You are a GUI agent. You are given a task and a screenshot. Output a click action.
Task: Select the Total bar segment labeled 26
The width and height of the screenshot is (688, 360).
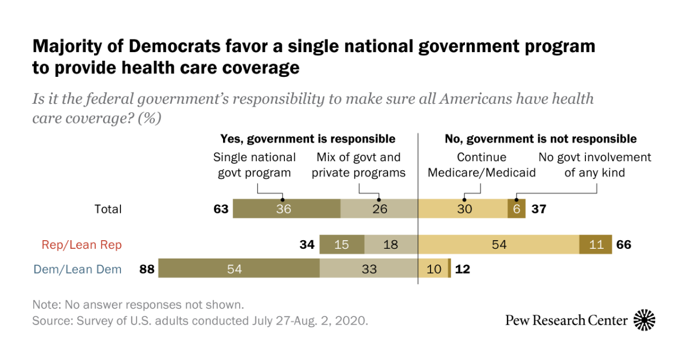380,209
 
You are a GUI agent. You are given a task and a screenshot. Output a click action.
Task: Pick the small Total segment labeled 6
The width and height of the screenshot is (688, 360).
516,209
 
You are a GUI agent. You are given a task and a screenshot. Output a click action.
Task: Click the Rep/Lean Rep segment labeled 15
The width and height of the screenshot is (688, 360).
342,245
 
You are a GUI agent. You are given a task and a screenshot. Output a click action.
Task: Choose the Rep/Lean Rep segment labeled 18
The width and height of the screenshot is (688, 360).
391,245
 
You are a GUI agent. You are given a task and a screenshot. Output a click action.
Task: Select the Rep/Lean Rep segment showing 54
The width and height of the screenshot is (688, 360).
499,245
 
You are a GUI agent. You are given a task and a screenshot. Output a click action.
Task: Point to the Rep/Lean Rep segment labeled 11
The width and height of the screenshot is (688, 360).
596,245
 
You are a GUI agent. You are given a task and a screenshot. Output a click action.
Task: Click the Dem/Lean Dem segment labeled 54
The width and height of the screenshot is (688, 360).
239,269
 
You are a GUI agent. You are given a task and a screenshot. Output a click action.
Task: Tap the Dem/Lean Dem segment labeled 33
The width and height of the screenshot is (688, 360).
369,269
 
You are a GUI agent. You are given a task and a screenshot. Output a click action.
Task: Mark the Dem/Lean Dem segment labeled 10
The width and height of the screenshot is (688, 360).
433,269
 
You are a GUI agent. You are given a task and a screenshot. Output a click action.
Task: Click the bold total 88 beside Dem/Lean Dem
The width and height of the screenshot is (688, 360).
147,269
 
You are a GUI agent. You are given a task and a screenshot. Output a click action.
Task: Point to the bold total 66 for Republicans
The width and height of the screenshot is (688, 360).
624,245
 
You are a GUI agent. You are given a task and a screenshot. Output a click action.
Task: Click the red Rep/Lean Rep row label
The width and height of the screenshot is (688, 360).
81,245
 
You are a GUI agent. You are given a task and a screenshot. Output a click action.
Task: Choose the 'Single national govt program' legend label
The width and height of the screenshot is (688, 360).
255,165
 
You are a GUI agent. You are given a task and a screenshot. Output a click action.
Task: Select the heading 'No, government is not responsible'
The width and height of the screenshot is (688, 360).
541,139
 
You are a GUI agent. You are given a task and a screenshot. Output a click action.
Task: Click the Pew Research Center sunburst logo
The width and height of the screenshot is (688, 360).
644,320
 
